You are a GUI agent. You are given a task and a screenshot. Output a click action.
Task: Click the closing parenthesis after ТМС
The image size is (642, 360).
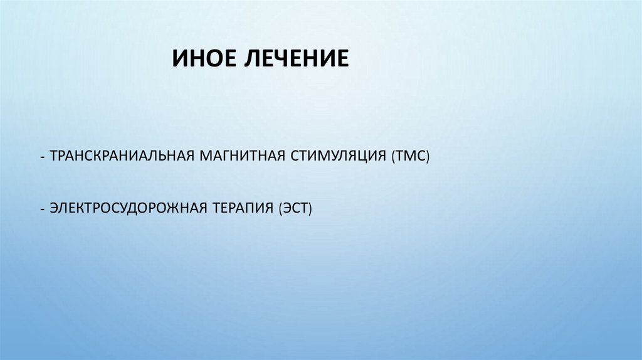426,156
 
